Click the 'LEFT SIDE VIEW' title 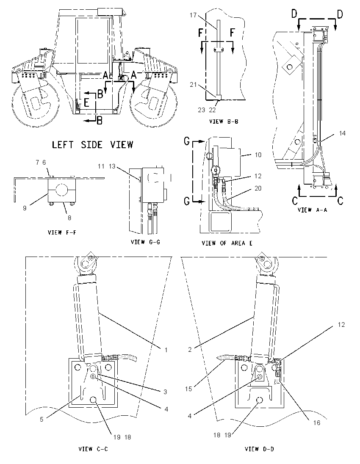(x=93, y=145)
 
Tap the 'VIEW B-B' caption (x=224, y=122)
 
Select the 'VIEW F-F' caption (x=62, y=232)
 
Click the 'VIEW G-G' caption (x=145, y=242)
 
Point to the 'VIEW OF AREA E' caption (x=227, y=243)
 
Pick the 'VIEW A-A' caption (x=312, y=210)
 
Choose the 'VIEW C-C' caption (x=93, y=449)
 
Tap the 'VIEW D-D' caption (x=259, y=449)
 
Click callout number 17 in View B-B (x=193, y=15)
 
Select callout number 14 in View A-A (x=342, y=133)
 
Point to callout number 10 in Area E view (x=258, y=155)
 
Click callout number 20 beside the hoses (x=258, y=188)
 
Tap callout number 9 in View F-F (x=25, y=208)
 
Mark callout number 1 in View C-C (x=166, y=350)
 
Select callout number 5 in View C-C (x=42, y=419)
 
